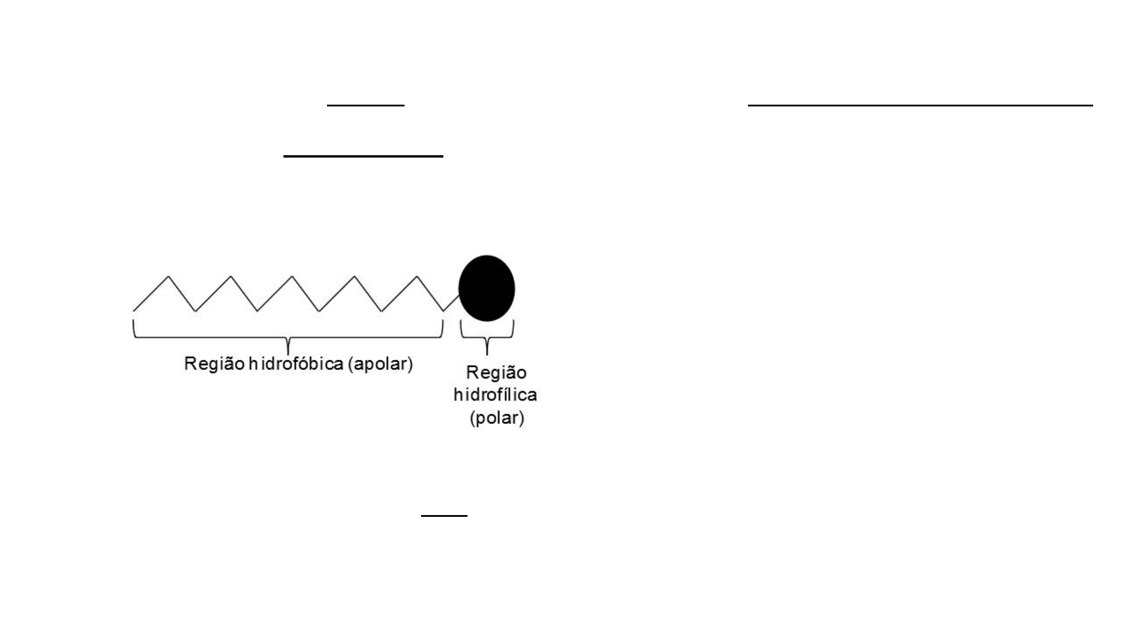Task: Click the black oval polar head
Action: [487, 288]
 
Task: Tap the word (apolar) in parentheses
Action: [380, 365]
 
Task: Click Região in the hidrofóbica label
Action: [214, 365]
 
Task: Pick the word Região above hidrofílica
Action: [496, 373]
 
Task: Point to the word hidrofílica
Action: [495, 395]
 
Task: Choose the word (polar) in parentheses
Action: [497, 418]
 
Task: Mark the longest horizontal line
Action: [920, 105]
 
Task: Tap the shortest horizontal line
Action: [444, 516]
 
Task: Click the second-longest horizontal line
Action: [363, 156]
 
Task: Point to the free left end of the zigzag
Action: [134, 310]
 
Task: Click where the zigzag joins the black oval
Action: [459, 296]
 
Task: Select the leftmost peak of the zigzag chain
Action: [169, 276]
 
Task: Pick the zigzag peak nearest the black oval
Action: [417, 276]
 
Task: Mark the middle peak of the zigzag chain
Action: [293, 276]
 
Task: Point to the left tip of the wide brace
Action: [134, 320]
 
